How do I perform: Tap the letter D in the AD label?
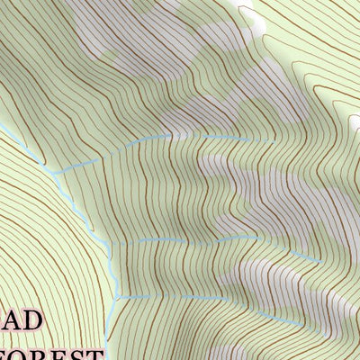point(30,322)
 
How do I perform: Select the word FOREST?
point(54,355)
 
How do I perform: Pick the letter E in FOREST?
point(66,355)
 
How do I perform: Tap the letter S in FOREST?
point(82,355)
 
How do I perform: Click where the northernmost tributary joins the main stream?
point(56,172)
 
